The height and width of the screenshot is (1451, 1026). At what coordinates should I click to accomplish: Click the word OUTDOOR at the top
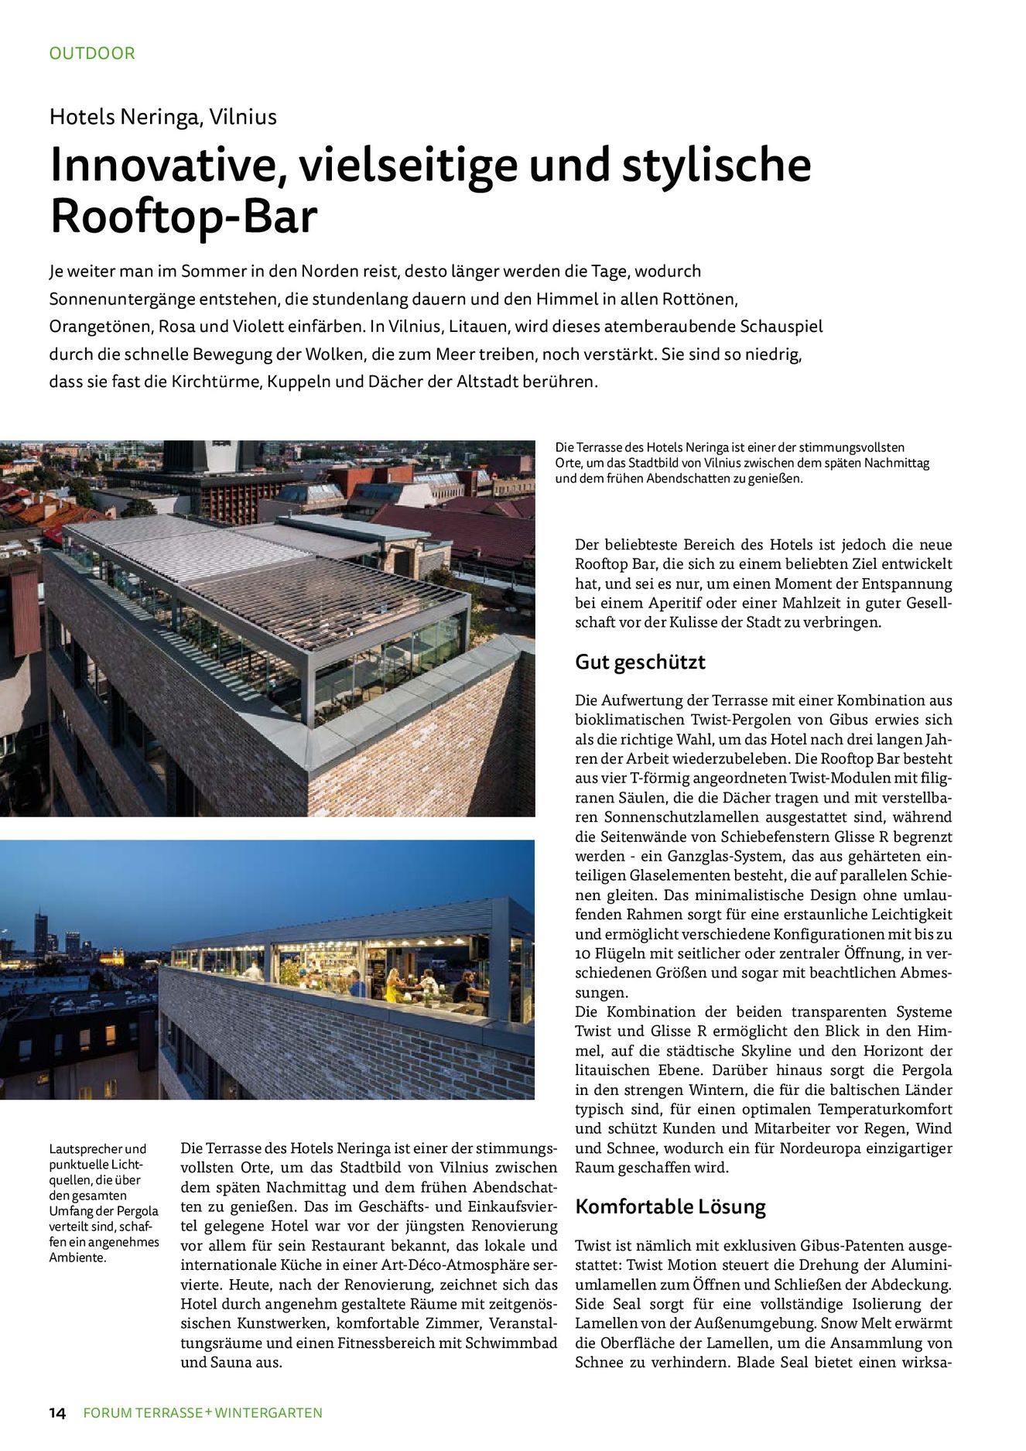(x=92, y=53)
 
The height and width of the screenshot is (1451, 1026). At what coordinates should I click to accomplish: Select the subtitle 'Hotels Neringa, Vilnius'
(x=163, y=117)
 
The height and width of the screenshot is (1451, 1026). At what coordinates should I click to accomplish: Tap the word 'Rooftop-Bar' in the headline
(x=184, y=217)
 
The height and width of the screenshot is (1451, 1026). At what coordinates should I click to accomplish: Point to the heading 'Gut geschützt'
(x=640, y=662)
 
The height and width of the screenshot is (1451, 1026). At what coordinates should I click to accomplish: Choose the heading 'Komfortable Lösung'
(x=670, y=1206)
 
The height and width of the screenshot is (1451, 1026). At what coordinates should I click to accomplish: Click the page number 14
(x=57, y=1412)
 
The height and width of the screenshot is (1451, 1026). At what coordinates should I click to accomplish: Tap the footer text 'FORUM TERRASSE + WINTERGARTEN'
(x=203, y=1412)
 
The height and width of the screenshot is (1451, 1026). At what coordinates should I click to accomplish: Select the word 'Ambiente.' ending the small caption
(x=77, y=1257)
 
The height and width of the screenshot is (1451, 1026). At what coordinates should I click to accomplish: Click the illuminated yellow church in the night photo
(x=114, y=956)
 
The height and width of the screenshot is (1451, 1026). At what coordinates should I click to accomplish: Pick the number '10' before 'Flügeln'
(x=583, y=953)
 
